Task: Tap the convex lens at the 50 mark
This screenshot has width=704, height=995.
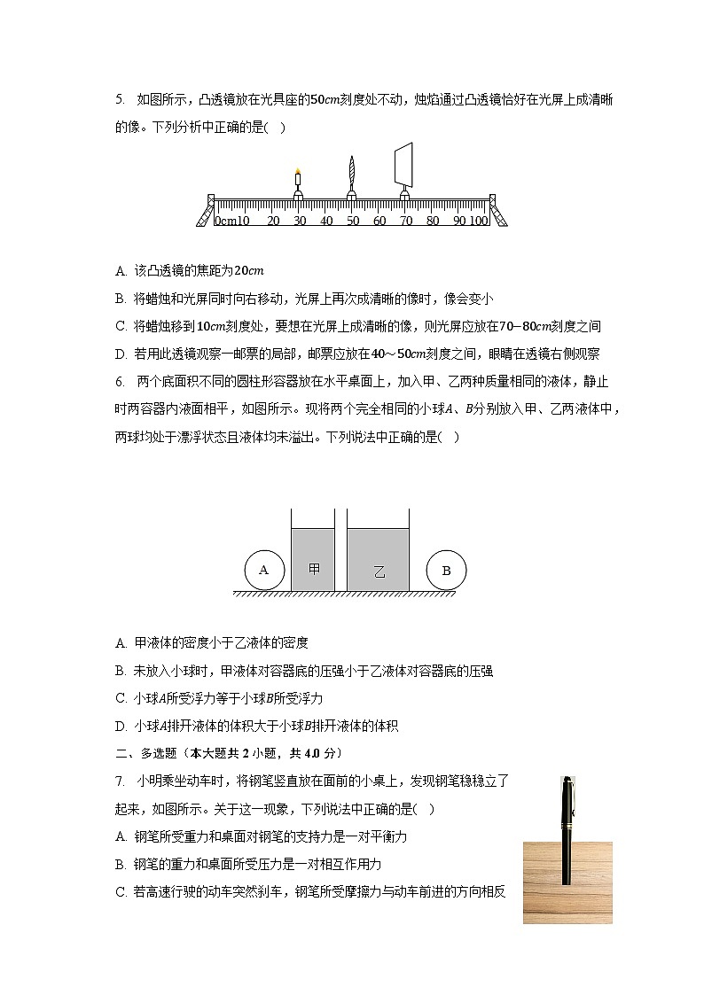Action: (352, 170)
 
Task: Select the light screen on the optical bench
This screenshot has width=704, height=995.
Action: (404, 164)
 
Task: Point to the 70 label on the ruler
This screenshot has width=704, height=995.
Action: (405, 221)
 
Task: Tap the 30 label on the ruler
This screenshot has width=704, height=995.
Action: (300, 221)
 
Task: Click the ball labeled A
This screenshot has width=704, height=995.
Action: (263, 571)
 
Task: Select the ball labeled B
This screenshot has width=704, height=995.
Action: (446, 571)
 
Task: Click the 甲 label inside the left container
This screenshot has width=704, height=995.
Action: (314, 569)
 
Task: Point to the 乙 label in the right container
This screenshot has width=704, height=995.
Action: (379, 571)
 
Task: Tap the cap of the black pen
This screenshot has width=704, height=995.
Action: (567, 797)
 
